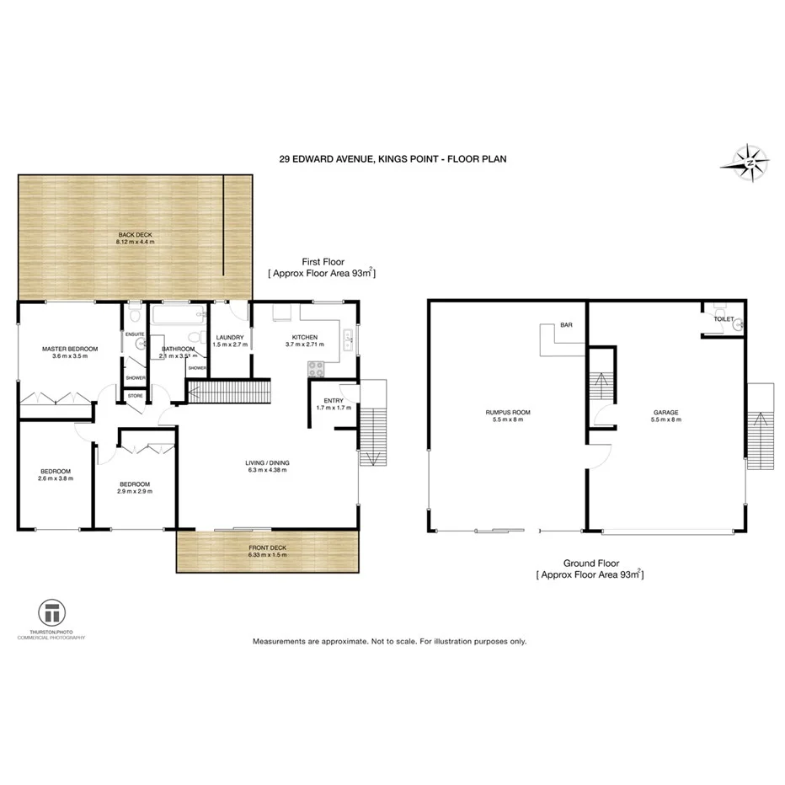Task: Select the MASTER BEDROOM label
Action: (x=70, y=349)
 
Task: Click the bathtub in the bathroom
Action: (x=178, y=318)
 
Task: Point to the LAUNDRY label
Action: (x=228, y=338)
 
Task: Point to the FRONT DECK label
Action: (x=268, y=548)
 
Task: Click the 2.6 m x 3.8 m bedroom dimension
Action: (x=56, y=478)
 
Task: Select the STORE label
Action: (x=135, y=395)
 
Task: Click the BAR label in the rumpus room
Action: (x=567, y=324)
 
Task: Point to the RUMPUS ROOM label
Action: (x=507, y=412)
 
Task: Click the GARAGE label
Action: (x=665, y=412)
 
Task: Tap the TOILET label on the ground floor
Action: (x=724, y=320)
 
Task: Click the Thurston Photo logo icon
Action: (x=51, y=611)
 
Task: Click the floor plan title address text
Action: (x=392, y=158)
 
